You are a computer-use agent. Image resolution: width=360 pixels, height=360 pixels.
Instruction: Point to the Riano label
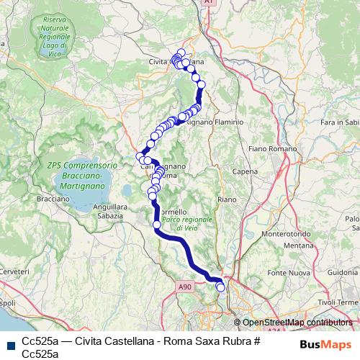(x=226, y=198)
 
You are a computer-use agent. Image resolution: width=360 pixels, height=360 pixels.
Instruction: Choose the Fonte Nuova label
(x=282, y=274)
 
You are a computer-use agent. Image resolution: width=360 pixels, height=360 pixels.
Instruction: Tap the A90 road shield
(x=184, y=286)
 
